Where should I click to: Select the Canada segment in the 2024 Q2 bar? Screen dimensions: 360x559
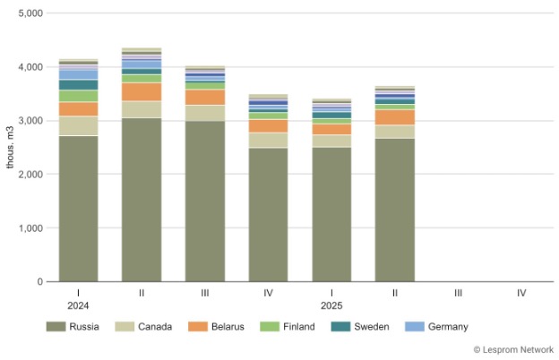click(142, 109)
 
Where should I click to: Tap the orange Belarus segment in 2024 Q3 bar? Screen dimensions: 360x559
click(205, 97)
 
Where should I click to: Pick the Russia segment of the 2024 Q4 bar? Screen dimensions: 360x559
click(268, 215)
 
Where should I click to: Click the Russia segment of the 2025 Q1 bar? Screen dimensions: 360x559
click(331, 214)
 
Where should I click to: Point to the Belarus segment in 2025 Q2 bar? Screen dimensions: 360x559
click(395, 117)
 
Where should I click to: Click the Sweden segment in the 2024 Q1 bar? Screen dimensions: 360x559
click(78, 85)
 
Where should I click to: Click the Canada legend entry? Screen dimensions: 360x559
click(145, 327)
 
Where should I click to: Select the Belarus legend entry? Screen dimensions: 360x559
click(217, 327)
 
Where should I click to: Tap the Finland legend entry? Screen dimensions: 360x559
click(288, 327)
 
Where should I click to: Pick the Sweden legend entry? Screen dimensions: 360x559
click(360, 327)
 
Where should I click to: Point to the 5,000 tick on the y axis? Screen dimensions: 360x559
click(29, 13)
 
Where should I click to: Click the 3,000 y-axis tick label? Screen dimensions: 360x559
click(29, 121)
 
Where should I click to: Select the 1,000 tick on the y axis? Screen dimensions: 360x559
click(29, 228)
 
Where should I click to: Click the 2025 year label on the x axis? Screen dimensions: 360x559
click(331, 306)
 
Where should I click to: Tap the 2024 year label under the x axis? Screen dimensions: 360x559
click(78, 306)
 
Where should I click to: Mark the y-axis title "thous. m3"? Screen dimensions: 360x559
click(10, 148)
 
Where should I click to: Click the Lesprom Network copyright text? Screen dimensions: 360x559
click(513, 349)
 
